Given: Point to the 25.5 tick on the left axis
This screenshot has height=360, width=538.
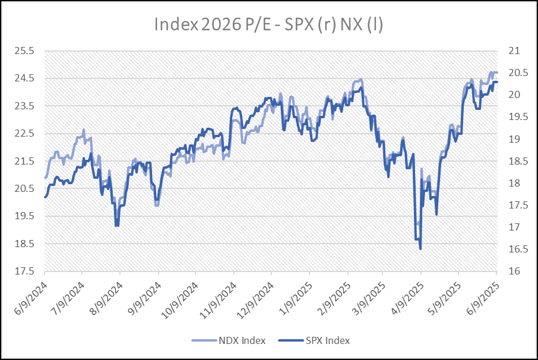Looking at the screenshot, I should [x=26, y=51].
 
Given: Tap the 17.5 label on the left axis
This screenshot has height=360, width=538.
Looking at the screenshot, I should [x=26, y=271].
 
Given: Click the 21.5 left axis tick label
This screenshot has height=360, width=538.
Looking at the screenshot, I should [x=26, y=161].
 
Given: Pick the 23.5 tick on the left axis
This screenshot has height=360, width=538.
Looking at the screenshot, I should [x=26, y=106].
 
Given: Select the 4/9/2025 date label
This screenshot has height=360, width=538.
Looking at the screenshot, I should [x=409, y=290].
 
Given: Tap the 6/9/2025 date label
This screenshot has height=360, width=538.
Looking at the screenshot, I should [x=484, y=290].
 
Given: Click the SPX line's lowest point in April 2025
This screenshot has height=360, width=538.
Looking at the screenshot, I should [x=420, y=249].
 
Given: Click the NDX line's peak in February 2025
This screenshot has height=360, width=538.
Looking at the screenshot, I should [x=360, y=80].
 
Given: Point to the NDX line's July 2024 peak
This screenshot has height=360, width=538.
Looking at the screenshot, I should [x=84, y=130].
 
